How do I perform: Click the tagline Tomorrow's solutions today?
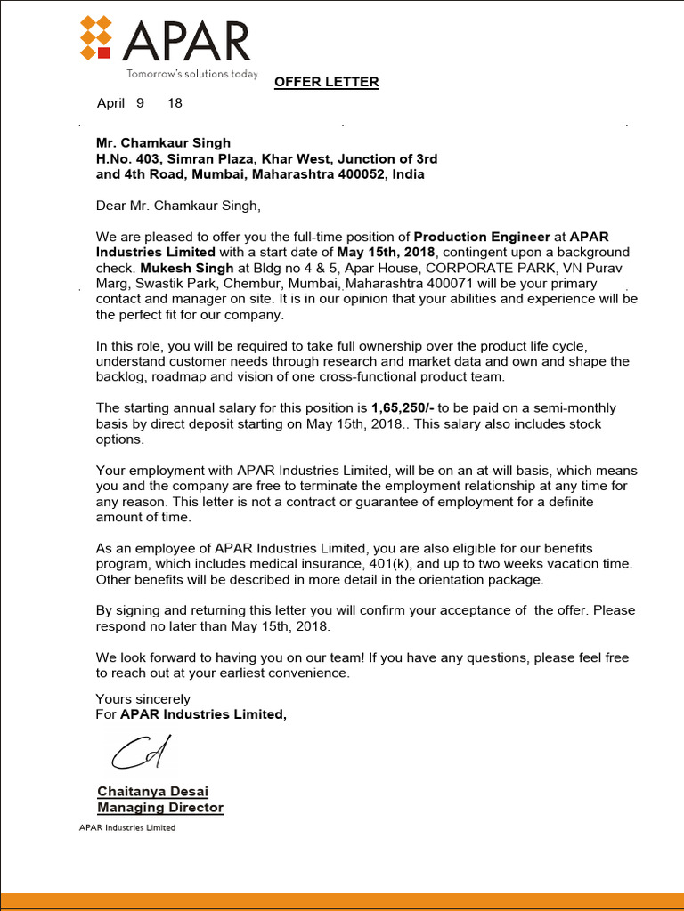[192, 74]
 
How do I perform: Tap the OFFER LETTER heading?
[326, 82]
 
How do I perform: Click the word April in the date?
[110, 103]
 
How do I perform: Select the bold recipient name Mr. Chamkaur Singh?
[163, 142]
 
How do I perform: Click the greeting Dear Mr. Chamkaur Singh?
[178, 206]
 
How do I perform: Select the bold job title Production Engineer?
[482, 238]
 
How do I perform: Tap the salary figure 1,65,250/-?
[403, 408]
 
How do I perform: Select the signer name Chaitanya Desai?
[152, 792]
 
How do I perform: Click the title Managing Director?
[160, 808]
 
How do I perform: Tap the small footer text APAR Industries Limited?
[127, 828]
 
